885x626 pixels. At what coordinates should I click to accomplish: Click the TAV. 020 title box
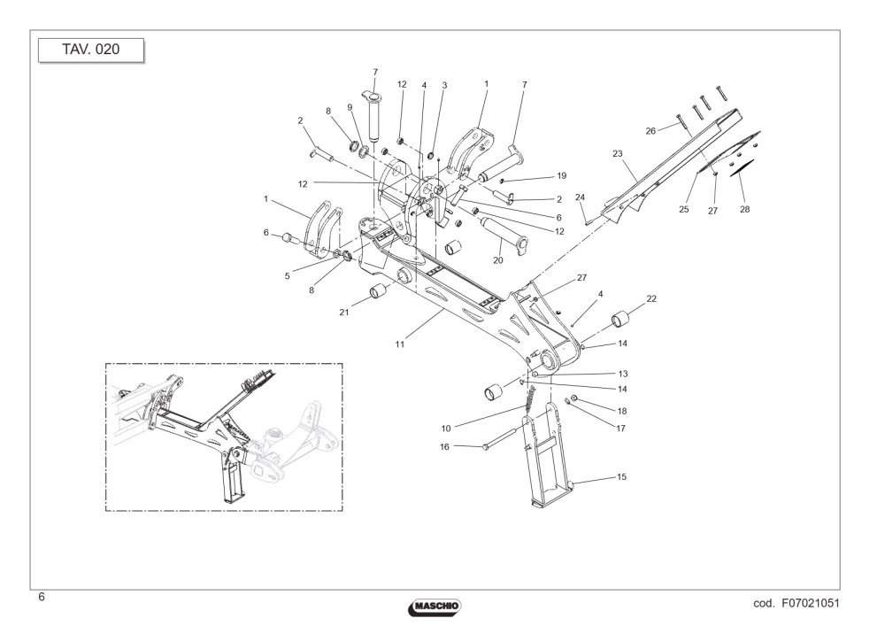pyautogui.click(x=91, y=50)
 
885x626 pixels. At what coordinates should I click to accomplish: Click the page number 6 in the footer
pyautogui.click(x=42, y=597)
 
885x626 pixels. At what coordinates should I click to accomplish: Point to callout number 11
pyautogui.click(x=400, y=344)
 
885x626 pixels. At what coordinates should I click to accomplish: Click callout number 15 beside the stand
pyautogui.click(x=621, y=477)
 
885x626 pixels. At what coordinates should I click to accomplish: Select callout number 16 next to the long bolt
pyautogui.click(x=445, y=446)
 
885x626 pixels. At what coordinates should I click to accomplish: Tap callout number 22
pyautogui.click(x=651, y=298)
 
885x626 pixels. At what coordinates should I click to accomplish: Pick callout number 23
pyautogui.click(x=618, y=153)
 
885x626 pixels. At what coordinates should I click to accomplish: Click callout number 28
pyautogui.click(x=745, y=209)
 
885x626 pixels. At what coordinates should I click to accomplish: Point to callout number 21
pyautogui.click(x=344, y=313)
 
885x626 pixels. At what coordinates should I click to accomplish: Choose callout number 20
pyautogui.click(x=497, y=260)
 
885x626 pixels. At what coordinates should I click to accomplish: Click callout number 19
pyautogui.click(x=562, y=175)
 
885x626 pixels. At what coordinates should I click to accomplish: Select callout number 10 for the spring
pyautogui.click(x=446, y=429)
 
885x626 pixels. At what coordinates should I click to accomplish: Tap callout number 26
pyautogui.click(x=650, y=131)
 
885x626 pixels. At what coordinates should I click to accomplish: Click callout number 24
pyautogui.click(x=581, y=197)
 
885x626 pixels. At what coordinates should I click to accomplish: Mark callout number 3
pyautogui.click(x=445, y=85)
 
